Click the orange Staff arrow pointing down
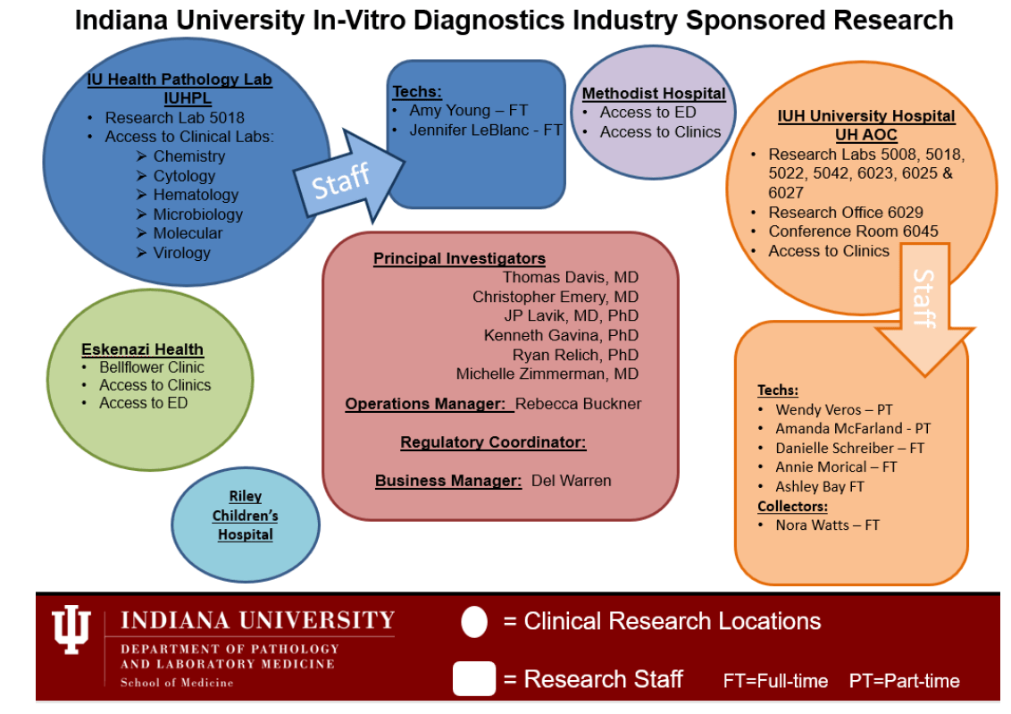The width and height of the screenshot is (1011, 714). (x=924, y=313)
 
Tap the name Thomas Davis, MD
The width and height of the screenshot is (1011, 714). (x=571, y=277)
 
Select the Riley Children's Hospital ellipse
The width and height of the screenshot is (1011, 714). (x=245, y=516)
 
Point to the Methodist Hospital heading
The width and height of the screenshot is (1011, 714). (x=654, y=93)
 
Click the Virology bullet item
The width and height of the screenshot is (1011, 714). (x=181, y=253)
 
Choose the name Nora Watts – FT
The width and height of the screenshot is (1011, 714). (x=827, y=525)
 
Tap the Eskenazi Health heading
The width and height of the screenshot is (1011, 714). (x=142, y=349)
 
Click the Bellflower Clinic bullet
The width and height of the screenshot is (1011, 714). (x=151, y=367)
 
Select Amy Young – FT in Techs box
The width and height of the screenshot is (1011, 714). (x=469, y=111)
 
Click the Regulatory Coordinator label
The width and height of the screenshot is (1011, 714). (x=493, y=442)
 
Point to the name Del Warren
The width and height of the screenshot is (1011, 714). (x=572, y=481)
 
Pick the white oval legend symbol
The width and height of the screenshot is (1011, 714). (x=474, y=622)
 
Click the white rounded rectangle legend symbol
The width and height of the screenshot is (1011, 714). (x=473, y=678)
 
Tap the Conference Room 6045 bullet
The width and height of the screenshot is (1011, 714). (x=853, y=231)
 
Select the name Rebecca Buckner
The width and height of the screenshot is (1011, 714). (x=579, y=403)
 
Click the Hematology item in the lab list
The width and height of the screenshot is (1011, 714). (x=196, y=195)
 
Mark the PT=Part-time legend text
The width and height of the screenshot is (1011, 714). (x=904, y=681)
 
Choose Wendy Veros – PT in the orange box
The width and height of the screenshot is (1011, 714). (x=833, y=409)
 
